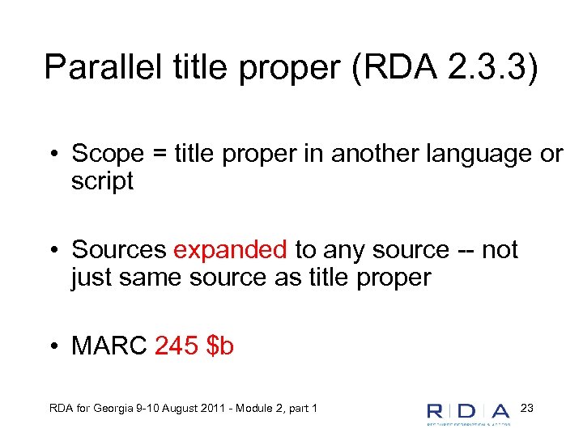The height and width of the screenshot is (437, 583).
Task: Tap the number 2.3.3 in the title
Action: (481, 67)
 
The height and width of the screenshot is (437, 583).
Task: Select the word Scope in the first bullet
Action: (109, 154)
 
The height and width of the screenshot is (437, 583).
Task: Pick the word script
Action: (102, 181)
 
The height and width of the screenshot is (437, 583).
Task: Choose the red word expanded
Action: (230, 250)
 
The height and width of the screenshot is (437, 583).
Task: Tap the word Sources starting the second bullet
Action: (119, 250)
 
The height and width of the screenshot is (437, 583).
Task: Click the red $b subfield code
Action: (220, 346)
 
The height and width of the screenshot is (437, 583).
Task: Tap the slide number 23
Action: (526, 406)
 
